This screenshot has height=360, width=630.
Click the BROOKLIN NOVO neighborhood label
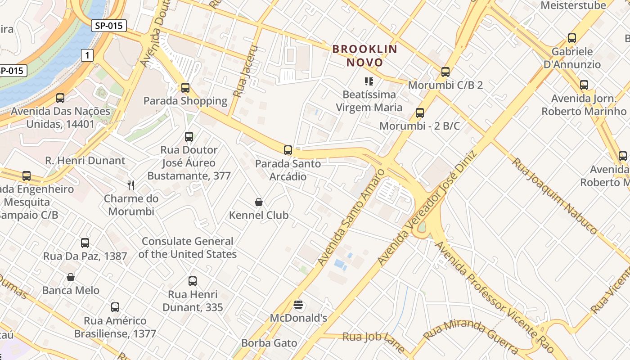point(365,55)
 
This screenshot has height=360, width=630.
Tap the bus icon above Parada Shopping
point(185,88)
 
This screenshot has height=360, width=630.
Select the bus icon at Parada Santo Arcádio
point(288,150)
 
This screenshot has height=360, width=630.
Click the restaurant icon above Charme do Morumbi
point(131,185)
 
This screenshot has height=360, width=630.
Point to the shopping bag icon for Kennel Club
point(259,202)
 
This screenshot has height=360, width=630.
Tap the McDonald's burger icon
point(298,305)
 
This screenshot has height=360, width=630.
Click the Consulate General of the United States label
point(188,247)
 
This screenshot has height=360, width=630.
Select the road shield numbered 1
point(87,55)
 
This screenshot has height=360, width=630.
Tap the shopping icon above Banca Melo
point(71,277)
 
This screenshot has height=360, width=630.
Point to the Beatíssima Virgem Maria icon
point(369,81)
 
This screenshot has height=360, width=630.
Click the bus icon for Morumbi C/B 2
point(445,72)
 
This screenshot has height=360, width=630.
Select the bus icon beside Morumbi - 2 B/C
point(420,113)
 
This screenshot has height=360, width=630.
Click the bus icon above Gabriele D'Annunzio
point(572,38)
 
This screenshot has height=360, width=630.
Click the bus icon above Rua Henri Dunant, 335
point(193,281)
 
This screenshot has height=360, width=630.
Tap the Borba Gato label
point(269,343)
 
